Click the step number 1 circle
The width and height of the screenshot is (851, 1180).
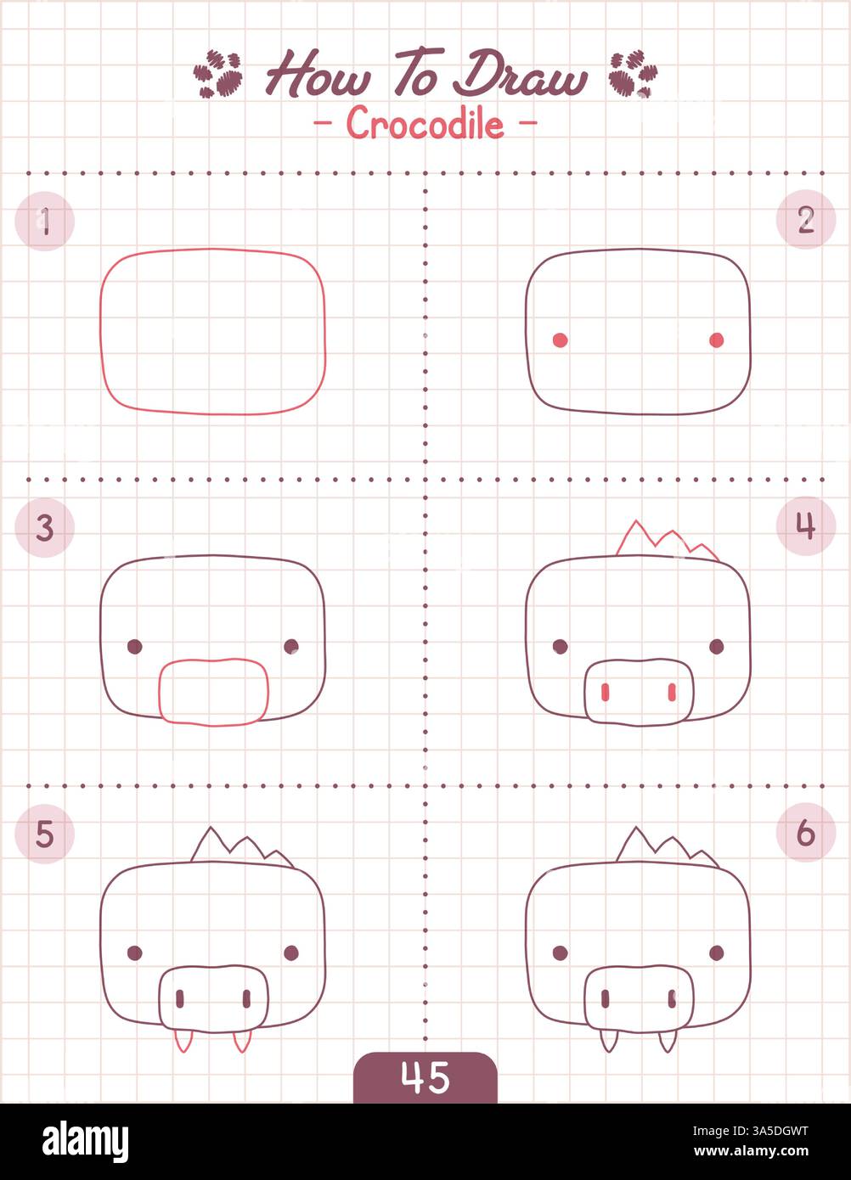[x=45, y=222]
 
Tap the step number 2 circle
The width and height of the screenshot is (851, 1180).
[x=806, y=220]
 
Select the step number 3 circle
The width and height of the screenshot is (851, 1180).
[x=45, y=528]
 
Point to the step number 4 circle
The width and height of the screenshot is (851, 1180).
[x=806, y=526]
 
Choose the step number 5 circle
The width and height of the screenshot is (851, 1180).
[x=45, y=834]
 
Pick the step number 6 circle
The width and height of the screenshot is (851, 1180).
[x=806, y=833]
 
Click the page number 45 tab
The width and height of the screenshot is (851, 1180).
[x=425, y=1077]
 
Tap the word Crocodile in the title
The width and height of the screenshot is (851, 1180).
[x=425, y=125]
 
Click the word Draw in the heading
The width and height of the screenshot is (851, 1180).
[x=519, y=76]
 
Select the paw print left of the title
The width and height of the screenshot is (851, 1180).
[x=218, y=73]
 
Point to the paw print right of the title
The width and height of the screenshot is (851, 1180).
[x=633, y=74]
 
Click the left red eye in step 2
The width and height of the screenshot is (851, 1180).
[x=560, y=340]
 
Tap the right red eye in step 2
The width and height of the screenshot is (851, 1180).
[x=716, y=340]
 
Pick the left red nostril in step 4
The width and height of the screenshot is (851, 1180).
[x=605, y=693]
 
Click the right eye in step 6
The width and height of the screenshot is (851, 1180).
[x=716, y=952]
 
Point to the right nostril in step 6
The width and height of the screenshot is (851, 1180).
[x=671, y=999]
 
